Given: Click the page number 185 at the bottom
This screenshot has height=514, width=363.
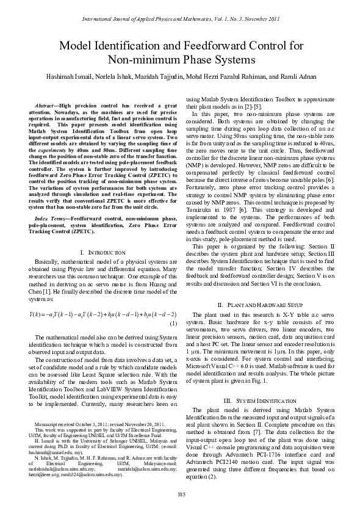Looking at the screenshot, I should (181, 494).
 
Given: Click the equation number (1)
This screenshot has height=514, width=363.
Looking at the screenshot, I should (173, 323).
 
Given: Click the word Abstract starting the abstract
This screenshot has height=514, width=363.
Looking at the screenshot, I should (48, 106).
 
